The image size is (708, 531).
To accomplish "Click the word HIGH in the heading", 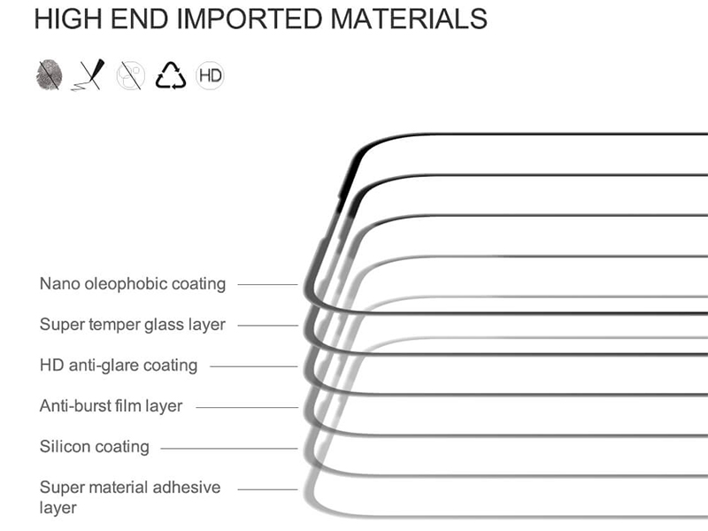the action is tap(68, 19).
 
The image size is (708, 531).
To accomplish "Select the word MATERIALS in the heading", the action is tap(409, 19).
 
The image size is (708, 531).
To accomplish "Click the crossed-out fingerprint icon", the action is tap(49, 74).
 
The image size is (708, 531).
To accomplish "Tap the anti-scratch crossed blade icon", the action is tap(88, 74).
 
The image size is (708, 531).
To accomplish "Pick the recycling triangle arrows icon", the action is tap(170, 75).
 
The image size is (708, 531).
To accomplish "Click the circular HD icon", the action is tap(210, 75).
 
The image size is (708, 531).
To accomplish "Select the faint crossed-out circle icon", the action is tap(130, 75).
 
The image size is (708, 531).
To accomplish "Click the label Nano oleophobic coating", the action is tap(132, 284).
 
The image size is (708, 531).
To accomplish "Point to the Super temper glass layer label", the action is tap(132, 325).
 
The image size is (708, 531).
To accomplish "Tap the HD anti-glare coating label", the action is tap(119, 366).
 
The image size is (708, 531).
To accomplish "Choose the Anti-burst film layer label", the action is tap(111, 406).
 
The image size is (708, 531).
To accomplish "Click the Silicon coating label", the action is tap(95, 447).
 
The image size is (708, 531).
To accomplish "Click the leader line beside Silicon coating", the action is tap(229, 449).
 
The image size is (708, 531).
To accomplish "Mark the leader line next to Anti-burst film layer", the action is tap(247, 407).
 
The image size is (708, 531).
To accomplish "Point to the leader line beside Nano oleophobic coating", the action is tap(268, 284).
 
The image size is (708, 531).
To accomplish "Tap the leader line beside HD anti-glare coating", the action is tap(254, 366).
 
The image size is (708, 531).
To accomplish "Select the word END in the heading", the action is tap(139, 19).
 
